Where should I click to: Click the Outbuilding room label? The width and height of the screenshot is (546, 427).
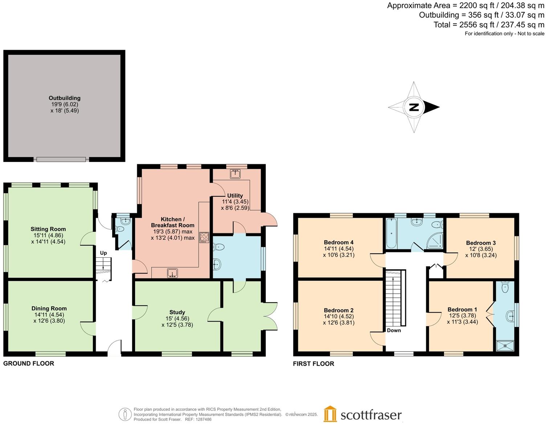click(65, 98)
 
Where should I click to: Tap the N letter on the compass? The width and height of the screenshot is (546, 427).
click(414, 107)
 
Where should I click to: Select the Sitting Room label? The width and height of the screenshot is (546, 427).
click(48, 229)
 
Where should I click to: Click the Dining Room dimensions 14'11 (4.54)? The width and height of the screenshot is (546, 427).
click(49, 315)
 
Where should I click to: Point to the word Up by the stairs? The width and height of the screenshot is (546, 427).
click(103, 253)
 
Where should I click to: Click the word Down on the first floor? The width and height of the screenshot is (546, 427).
click(394, 330)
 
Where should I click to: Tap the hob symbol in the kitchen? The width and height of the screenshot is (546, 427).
click(204, 237)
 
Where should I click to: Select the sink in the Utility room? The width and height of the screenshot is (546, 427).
click(235, 174)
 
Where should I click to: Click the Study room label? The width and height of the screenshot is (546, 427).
click(177, 312)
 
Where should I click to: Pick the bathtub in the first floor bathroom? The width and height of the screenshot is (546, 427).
click(391, 234)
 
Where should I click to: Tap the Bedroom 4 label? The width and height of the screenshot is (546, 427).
click(339, 242)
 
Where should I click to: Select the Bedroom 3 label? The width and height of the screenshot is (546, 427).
click(481, 243)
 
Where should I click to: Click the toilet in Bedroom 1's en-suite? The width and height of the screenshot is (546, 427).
click(505, 288)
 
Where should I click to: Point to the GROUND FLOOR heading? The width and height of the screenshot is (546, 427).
click(29, 364)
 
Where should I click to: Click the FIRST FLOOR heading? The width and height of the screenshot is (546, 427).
click(313, 364)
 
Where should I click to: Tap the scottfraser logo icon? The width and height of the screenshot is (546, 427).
click(330, 414)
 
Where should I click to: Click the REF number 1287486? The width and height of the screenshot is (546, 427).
click(204, 419)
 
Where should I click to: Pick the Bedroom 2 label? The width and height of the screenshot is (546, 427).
click(339, 310)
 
